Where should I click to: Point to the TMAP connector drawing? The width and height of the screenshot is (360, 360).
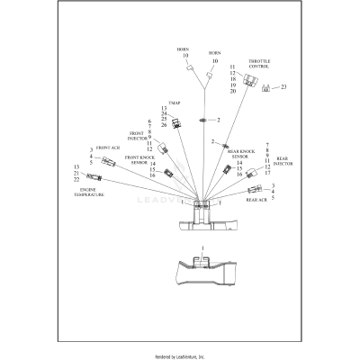click(175, 126)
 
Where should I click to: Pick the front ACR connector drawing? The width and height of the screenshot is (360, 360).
click(110, 161)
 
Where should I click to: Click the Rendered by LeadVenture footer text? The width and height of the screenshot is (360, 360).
click(180, 355)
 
